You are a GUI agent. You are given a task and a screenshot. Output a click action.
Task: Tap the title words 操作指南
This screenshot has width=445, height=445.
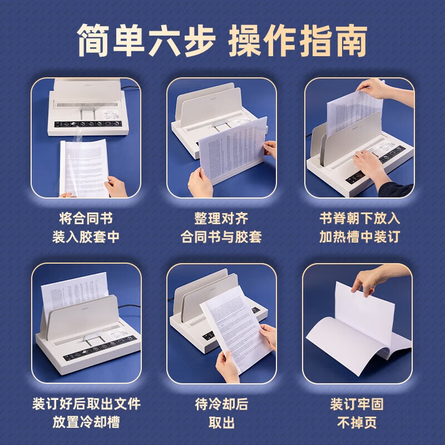(298, 40)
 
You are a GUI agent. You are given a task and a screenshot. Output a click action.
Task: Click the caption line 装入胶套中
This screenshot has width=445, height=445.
(86, 237)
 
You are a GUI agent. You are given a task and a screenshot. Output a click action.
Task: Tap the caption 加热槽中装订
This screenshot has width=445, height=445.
(359, 237)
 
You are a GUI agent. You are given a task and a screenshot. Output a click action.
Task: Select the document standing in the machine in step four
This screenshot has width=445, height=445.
(75, 295)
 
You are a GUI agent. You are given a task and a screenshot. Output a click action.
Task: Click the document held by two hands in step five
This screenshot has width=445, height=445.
(231, 323)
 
